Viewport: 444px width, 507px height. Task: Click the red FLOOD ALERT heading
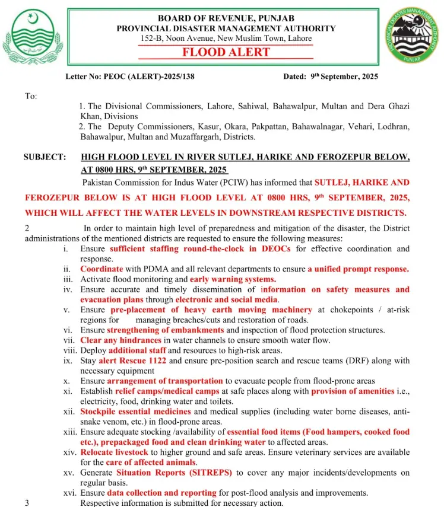click(x=226, y=52)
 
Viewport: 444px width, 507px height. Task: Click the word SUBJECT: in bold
click(x=45, y=157)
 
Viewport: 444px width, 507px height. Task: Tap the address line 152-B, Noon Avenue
click(x=226, y=39)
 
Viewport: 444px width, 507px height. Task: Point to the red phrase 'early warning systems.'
click(x=233, y=279)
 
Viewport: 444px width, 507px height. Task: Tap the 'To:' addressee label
click(x=30, y=96)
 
